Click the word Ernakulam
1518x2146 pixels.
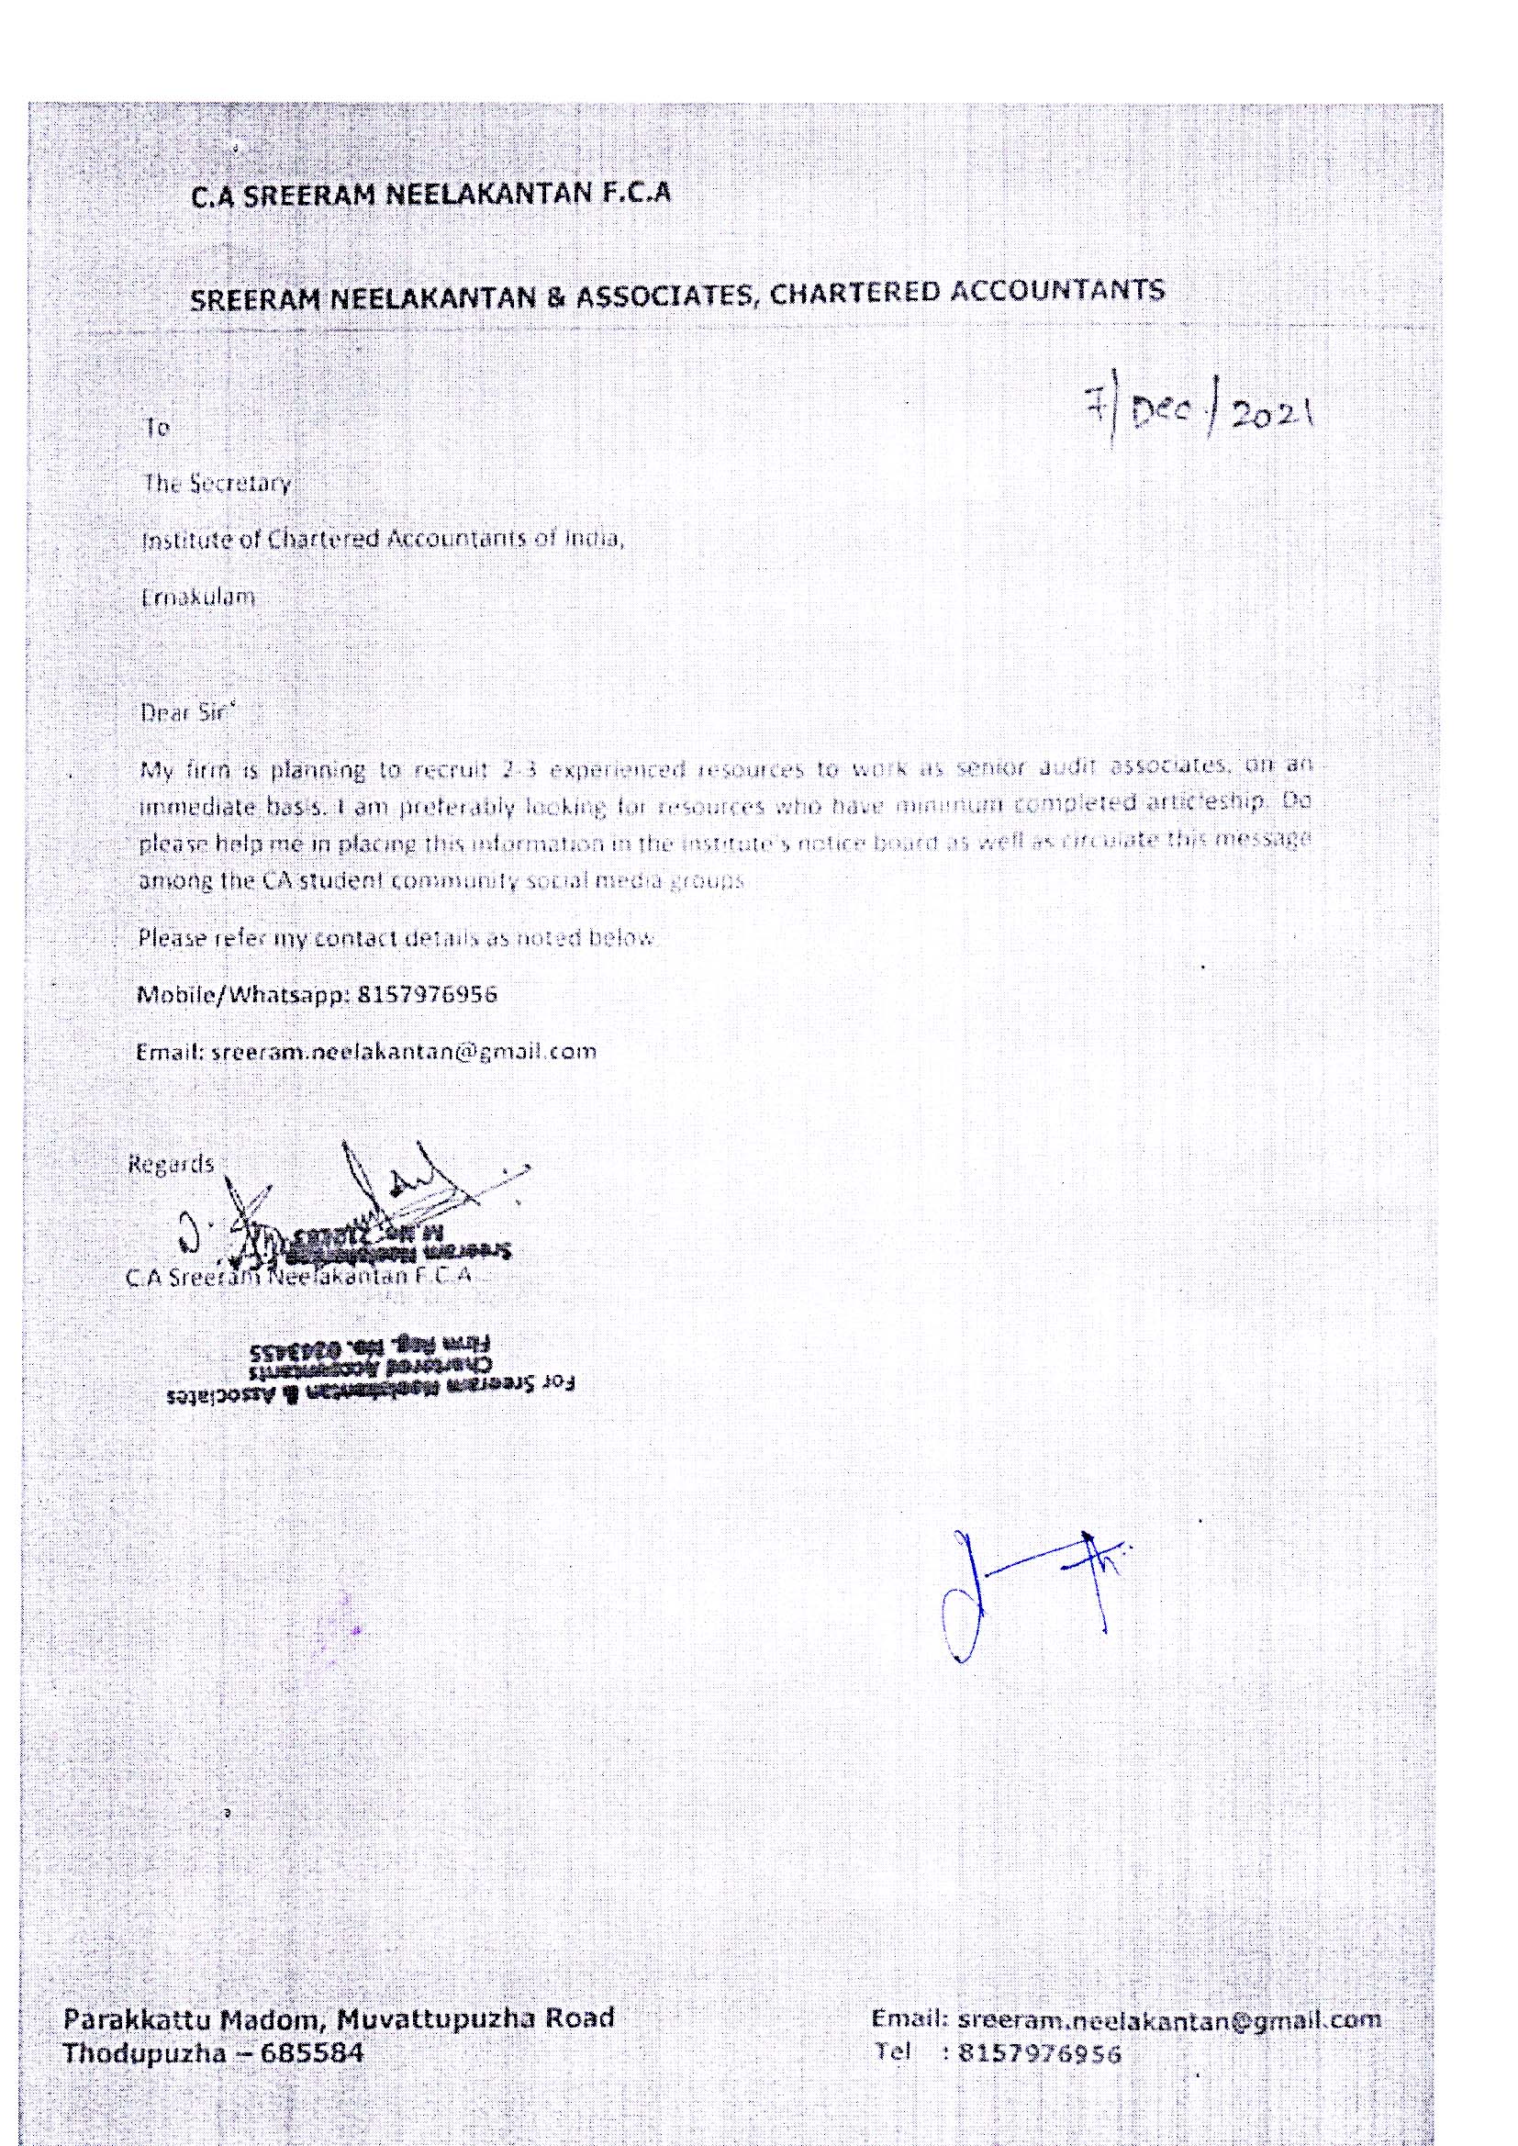pos(197,597)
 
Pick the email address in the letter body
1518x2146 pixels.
pos(404,1051)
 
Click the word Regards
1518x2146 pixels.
pos(170,1165)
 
